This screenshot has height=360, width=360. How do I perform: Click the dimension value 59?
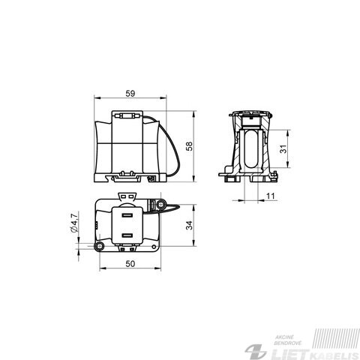(130, 94)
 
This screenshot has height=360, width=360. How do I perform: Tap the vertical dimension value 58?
(190, 146)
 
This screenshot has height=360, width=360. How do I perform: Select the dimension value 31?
(283, 149)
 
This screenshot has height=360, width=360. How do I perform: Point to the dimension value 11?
(270, 196)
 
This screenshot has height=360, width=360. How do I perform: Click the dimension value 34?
(190, 225)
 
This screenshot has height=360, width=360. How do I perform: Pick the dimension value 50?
(130, 264)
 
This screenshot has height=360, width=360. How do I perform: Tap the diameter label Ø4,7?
(75, 222)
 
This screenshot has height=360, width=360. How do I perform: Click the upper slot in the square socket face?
(127, 215)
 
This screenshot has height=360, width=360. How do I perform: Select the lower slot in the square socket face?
(127, 235)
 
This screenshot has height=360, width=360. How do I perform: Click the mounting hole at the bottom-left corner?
(100, 246)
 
